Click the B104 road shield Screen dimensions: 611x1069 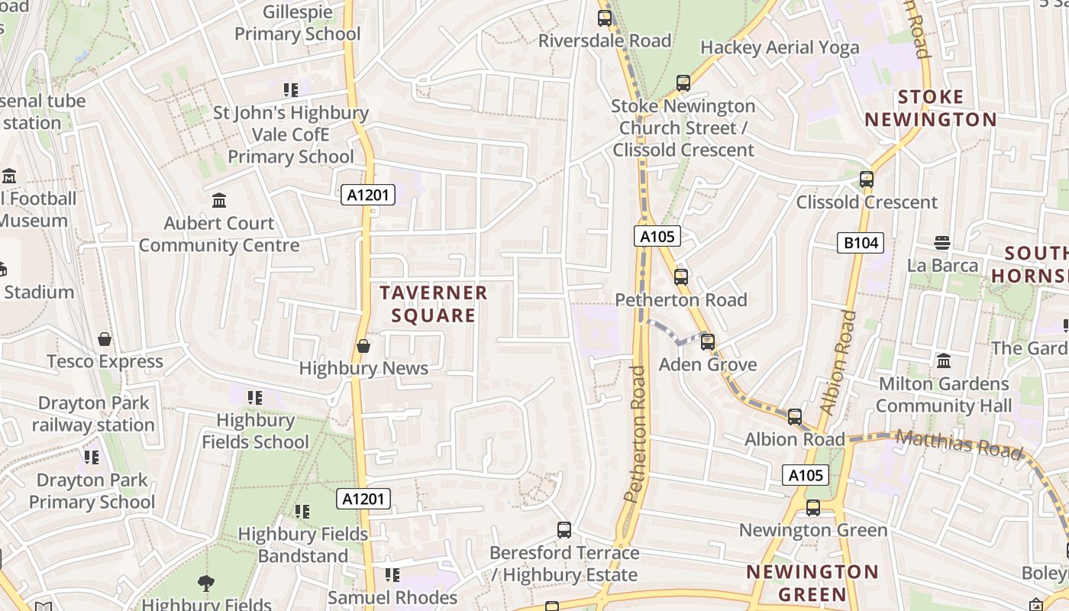[x=861, y=244]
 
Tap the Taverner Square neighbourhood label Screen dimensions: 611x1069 [x=433, y=304]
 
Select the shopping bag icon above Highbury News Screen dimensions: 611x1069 [x=363, y=346]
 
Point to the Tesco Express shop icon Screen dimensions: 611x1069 [x=105, y=339]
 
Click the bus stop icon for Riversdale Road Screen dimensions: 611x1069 [x=605, y=18]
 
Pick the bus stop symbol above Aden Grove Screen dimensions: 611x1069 [x=708, y=341]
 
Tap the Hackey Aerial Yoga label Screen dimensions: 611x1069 [x=779, y=47]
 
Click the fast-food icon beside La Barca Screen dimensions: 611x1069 [x=942, y=243]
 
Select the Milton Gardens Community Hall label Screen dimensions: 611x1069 [x=944, y=394]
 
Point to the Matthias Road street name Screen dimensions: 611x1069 [x=958, y=444]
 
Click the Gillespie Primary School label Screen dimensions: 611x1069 [x=297, y=23]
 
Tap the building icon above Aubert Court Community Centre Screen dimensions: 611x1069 [x=219, y=201]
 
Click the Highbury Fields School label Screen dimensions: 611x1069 [x=255, y=431]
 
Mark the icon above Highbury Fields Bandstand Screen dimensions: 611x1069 [x=302, y=511]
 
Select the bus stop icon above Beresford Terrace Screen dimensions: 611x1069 [x=564, y=529]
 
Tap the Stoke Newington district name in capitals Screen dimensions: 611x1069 [x=930, y=108]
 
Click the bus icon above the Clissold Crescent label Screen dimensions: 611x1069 [x=866, y=179]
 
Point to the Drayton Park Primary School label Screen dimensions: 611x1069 [x=92, y=491]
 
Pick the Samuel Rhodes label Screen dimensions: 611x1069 [x=392, y=597]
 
